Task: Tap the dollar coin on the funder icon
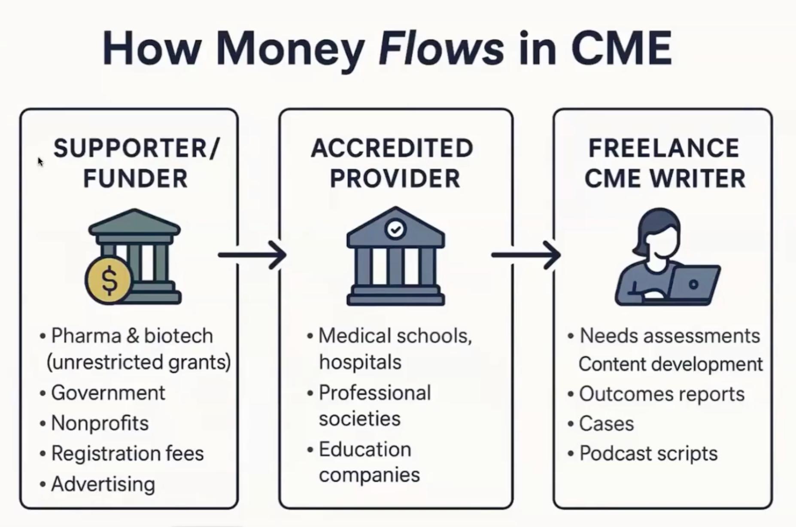click(x=109, y=280)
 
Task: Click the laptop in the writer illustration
click(x=693, y=285)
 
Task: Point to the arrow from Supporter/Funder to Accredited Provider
click(x=252, y=255)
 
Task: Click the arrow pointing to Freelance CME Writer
click(x=526, y=255)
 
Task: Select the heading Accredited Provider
click(x=392, y=163)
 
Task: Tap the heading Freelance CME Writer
click(x=664, y=163)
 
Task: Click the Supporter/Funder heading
click(x=136, y=163)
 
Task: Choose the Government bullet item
click(x=108, y=393)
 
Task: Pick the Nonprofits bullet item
click(x=100, y=423)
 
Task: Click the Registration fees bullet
click(x=127, y=454)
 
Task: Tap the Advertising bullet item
click(x=103, y=484)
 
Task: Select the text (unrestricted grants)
click(x=139, y=362)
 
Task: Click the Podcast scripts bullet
click(x=648, y=454)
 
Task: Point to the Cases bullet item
click(x=606, y=424)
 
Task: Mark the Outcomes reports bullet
click(x=662, y=394)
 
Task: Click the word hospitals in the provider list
click(x=360, y=362)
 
